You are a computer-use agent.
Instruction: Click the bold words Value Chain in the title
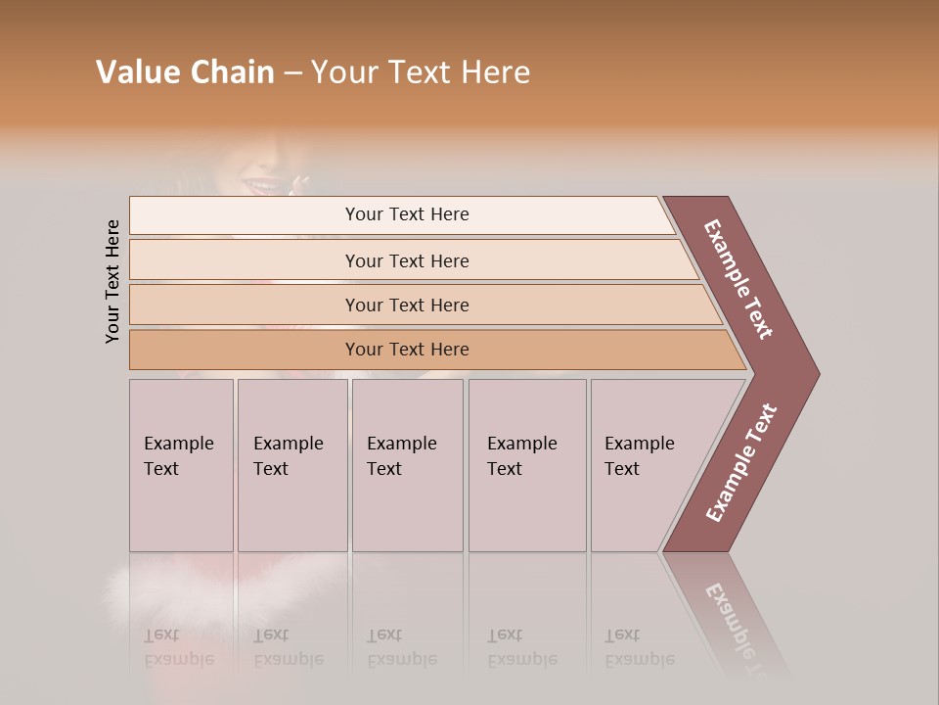point(185,71)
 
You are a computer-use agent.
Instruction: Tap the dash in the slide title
point(292,72)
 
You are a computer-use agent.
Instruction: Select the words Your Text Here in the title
point(421,72)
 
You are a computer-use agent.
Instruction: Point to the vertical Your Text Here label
point(112,281)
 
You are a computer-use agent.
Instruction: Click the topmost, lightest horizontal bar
point(406,214)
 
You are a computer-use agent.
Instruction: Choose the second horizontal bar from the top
point(406,260)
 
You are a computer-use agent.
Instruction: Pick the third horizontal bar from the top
point(406,305)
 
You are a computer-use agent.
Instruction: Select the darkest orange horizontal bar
point(406,350)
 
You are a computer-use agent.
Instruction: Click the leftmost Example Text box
point(181,465)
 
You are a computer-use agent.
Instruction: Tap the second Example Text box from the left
point(291,465)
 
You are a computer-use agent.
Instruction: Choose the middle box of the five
point(407,465)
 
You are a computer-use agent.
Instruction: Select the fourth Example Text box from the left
point(526,465)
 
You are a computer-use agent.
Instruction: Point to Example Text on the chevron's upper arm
point(739,279)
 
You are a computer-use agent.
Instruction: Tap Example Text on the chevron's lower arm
point(741,462)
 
